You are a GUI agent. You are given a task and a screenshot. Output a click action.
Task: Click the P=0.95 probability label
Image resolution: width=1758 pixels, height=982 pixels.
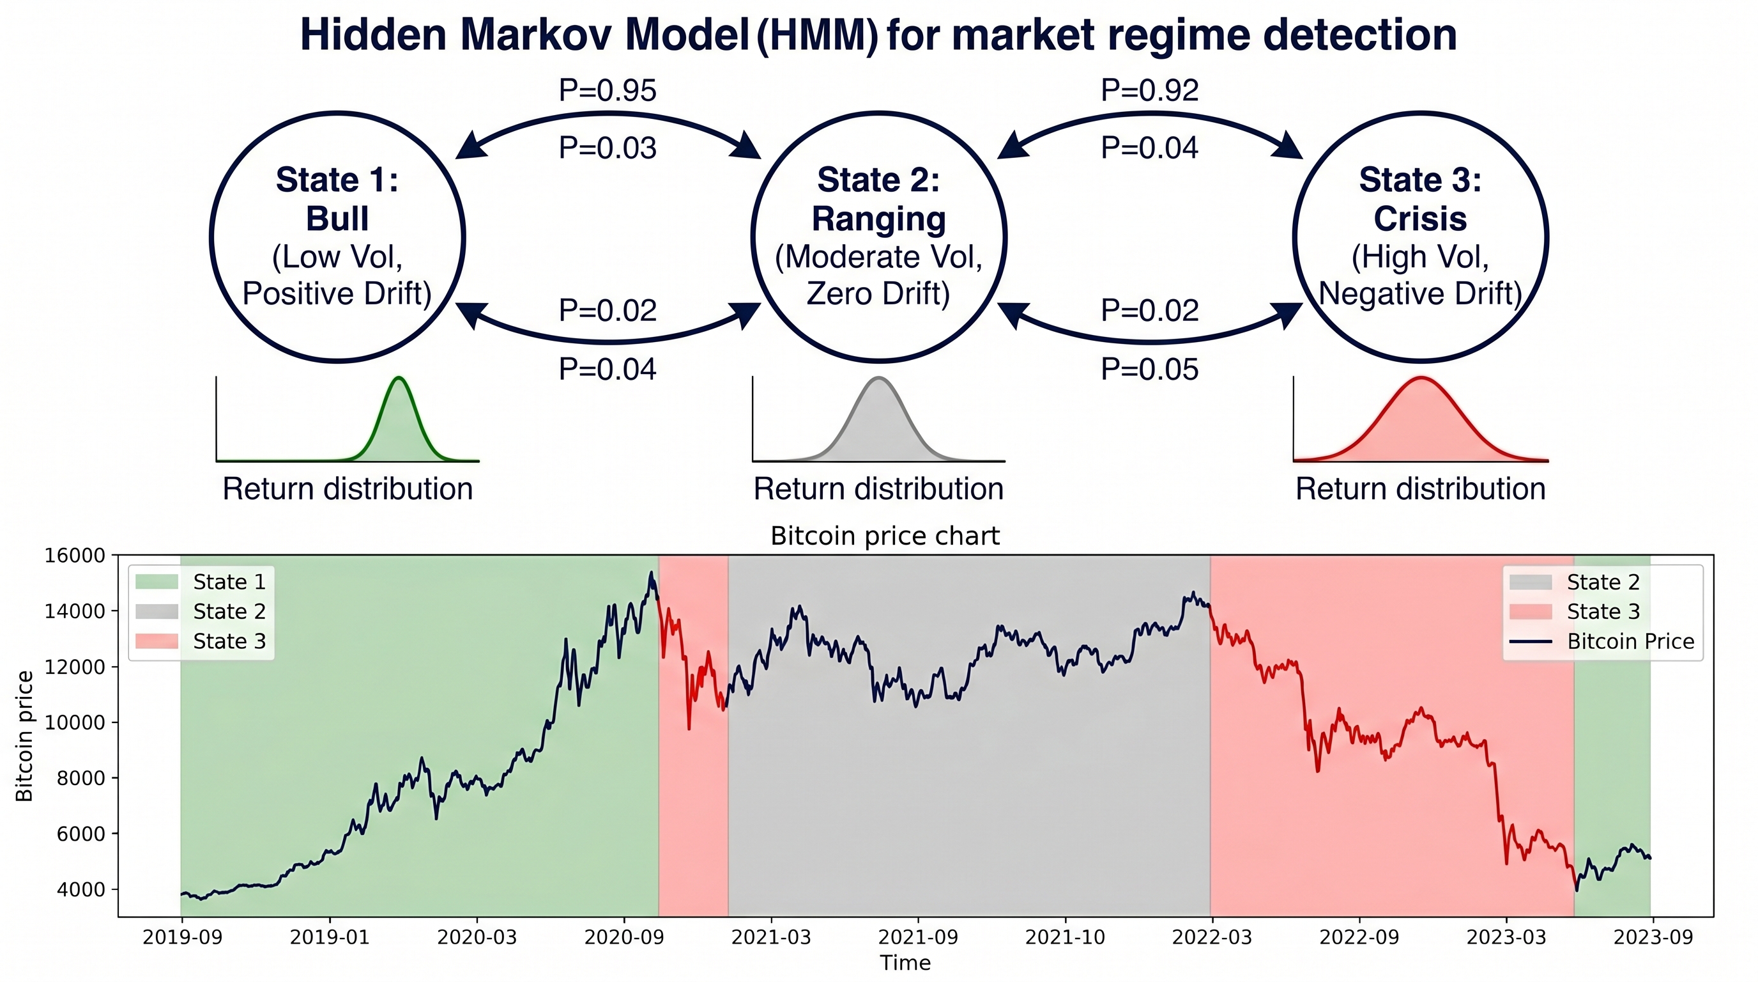tap(608, 90)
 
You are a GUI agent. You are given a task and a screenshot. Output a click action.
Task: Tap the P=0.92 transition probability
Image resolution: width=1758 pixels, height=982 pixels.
tap(1150, 90)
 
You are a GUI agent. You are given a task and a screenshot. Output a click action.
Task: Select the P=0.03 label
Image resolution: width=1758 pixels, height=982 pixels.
tap(608, 148)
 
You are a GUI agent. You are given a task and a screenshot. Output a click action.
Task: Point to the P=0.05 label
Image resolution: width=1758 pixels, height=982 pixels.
tap(1150, 370)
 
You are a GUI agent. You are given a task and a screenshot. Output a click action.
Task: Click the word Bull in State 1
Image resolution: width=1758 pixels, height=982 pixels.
tap(337, 219)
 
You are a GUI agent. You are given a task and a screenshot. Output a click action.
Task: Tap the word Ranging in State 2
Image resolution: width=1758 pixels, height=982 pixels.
tap(879, 220)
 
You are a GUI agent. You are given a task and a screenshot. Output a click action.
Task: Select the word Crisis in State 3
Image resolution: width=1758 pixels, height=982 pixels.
tap(1420, 219)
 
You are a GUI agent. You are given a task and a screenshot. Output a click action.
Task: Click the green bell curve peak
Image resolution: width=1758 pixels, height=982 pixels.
tap(399, 378)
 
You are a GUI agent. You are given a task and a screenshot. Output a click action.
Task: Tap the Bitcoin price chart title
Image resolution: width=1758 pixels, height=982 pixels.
tap(885, 536)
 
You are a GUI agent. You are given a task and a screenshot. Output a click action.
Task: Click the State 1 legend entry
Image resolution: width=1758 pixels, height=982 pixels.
tap(201, 582)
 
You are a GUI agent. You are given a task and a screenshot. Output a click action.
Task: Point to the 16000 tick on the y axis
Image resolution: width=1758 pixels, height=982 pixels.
tap(75, 555)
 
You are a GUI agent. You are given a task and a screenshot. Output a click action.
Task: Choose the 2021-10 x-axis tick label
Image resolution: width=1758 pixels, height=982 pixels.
tap(1065, 937)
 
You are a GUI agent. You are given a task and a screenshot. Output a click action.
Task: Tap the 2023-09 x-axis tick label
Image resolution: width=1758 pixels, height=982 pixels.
tap(1653, 937)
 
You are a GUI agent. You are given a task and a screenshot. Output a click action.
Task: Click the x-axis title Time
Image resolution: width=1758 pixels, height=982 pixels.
tap(905, 963)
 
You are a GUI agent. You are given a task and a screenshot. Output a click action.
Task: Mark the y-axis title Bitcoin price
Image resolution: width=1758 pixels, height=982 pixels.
tap(24, 735)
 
